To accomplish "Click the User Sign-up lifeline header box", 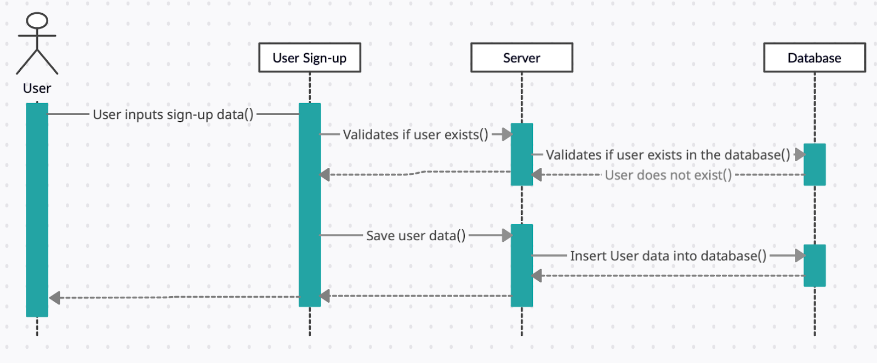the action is pos(310,58).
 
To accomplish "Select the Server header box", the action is pos(522,58).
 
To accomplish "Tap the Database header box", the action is pos(815,58).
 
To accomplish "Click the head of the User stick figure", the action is pos(37,20).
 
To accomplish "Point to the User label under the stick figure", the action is pos(37,88).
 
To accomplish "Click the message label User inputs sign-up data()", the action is pos(173,115).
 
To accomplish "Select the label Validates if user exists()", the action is pos(415,135).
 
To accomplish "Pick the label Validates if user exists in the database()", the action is pos(668,155).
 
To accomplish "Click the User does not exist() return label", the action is pos(668,175).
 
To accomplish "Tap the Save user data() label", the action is pos(416,236).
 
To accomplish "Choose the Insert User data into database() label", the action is pos(668,256).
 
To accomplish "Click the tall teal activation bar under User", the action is pos(37,210).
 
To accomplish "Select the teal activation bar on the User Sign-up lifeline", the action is pos(310,205).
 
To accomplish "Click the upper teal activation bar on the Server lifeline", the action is pos(522,154).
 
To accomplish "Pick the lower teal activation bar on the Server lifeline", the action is pos(522,265).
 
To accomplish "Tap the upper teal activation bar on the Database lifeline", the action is pos(815,165).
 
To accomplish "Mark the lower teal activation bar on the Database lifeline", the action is pos(815,265).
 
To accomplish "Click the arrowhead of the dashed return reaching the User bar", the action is pos(55,298).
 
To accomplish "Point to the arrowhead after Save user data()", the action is pos(508,235).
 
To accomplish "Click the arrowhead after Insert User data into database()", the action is pos(800,256).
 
